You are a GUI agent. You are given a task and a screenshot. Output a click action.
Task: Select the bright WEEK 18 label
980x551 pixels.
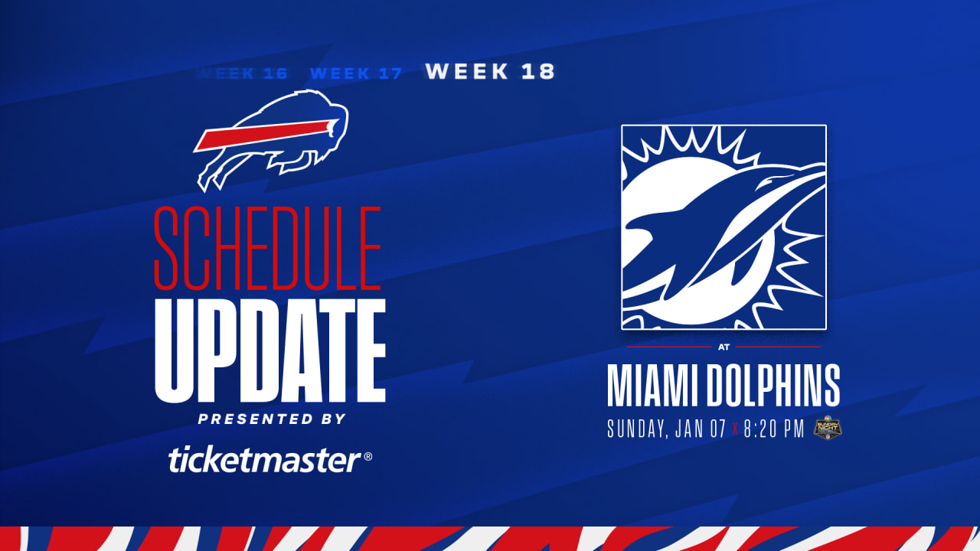click(490, 72)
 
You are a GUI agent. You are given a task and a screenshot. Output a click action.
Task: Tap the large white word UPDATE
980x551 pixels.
click(269, 350)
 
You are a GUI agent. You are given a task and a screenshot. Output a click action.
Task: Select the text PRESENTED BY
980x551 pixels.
click(272, 419)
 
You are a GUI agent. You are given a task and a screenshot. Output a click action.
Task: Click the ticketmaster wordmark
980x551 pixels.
click(264, 461)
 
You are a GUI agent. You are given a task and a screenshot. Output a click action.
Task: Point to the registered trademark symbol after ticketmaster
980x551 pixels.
click(368, 457)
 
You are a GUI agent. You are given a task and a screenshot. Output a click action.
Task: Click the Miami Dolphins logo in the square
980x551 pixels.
click(724, 227)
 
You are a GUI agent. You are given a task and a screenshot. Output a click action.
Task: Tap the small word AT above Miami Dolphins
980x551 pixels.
click(724, 347)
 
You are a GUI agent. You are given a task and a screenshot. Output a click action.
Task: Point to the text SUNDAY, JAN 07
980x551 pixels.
click(666, 429)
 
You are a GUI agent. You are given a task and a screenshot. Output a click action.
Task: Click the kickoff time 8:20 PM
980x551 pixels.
click(774, 429)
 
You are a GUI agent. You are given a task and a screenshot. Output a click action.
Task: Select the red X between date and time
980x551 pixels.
click(735, 430)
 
